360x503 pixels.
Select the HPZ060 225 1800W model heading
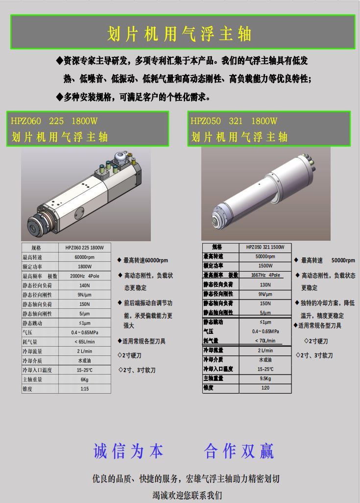tap(54, 121)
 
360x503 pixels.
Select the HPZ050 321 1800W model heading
tap(234, 121)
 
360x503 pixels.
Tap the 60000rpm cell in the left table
tap(85, 257)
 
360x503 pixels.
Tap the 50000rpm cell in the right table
tap(265, 256)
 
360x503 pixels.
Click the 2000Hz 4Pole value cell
tap(85, 276)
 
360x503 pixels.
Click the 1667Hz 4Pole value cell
tap(265, 275)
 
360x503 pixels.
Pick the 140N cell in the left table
tap(85, 285)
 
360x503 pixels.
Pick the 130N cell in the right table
tap(265, 284)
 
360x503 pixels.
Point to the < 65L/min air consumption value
tap(85, 342)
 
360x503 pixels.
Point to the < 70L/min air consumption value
tap(265, 341)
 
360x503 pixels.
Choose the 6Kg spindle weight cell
tap(85, 379)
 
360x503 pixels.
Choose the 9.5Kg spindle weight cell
tap(265, 378)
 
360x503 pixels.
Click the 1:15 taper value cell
tap(85, 389)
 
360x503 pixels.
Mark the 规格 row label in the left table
tap(36, 248)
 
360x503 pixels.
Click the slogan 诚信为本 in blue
tap(128, 451)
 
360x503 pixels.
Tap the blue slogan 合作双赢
tap(239, 451)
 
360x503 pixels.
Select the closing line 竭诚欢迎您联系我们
tap(187, 495)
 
